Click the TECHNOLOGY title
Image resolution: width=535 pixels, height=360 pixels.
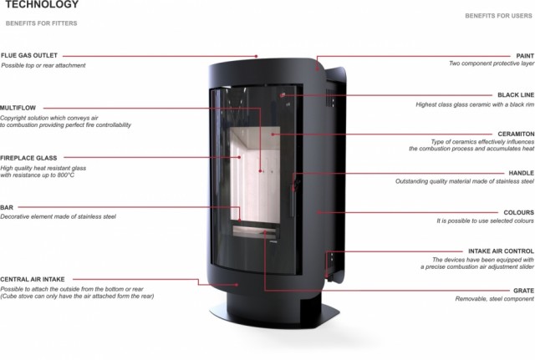click(x=42, y=4)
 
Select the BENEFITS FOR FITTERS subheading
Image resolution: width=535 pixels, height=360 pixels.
click(x=41, y=23)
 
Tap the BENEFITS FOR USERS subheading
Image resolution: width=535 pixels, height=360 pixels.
click(x=498, y=16)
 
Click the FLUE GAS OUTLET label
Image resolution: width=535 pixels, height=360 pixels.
click(x=29, y=55)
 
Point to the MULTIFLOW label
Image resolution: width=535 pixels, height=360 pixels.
click(x=18, y=108)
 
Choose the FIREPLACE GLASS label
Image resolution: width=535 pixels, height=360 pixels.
click(x=28, y=158)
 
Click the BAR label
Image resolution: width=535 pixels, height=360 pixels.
click(x=7, y=207)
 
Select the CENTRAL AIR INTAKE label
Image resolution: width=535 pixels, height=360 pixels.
click(x=32, y=279)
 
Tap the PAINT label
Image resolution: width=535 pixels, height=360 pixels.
click(x=525, y=56)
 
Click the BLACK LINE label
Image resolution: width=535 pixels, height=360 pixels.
click(x=516, y=94)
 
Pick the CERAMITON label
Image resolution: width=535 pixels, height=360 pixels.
click(x=516, y=134)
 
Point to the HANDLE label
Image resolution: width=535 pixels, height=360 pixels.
click(x=522, y=173)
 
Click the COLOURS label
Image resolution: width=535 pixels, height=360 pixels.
click(x=518, y=212)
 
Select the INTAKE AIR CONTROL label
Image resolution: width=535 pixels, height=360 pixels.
click(x=501, y=251)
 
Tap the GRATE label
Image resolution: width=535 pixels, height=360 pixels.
click(x=524, y=291)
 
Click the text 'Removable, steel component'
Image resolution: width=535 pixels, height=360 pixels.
click(x=494, y=299)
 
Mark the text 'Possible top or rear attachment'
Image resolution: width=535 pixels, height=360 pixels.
click(x=43, y=65)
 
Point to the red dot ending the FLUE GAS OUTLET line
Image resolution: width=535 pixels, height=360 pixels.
click(x=257, y=56)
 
